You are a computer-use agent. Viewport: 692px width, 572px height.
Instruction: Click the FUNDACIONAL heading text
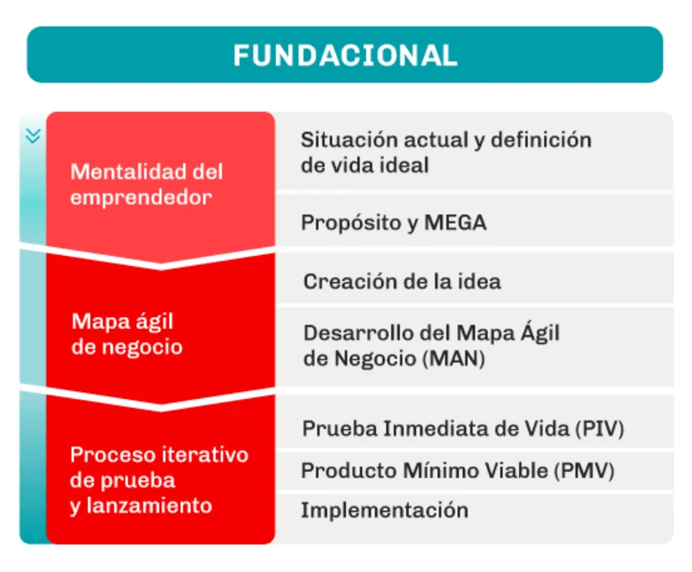tap(345, 55)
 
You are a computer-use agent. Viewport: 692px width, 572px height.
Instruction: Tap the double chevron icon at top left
tap(33, 135)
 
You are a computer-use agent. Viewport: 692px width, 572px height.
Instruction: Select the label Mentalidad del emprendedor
tap(146, 184)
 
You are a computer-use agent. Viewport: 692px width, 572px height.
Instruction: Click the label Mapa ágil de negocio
tap(127, 334)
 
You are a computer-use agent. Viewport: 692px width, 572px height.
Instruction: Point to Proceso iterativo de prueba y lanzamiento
tap(159, 480)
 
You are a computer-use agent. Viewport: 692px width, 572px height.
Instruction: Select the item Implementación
tap(384, 510)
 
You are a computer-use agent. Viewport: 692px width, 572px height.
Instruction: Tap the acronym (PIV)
tap(600, 428)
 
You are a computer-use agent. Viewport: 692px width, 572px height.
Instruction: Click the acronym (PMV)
tap(584, 471)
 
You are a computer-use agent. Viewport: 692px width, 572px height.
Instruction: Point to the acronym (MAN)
tap(454, 358)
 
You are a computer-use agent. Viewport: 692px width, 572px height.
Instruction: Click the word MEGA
tap(455, 222)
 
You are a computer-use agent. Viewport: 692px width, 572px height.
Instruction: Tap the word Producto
tap(349, 471)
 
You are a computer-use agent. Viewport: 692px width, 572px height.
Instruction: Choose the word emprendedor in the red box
tap(141, 197)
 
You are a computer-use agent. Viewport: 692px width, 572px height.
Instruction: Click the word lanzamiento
tap(149, 506)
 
